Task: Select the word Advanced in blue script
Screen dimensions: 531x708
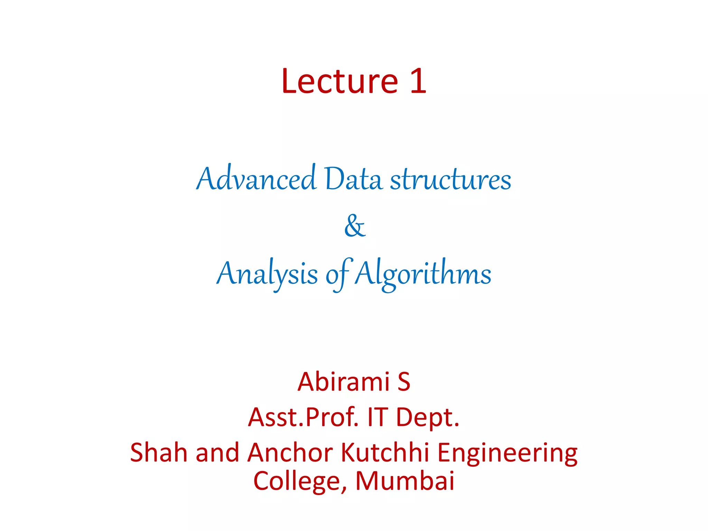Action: click(x=256, y=179)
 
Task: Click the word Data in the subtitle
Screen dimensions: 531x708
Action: click(x=353, y=179)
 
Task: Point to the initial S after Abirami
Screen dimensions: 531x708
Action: click(x=404, y=382)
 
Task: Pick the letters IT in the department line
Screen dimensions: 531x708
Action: click(x=377, y=417)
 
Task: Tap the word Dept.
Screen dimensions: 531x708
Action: click(x=428, y=418)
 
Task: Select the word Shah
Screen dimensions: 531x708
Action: click(x=158, y=453)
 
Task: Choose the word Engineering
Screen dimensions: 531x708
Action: click(x=507, y=453)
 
